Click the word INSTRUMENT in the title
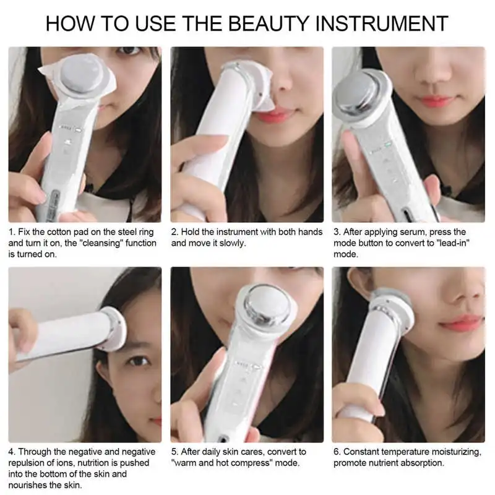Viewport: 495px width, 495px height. (382, 23)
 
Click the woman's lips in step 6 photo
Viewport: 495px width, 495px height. (460, 322)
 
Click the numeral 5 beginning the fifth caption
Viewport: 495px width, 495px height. (174, 452)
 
